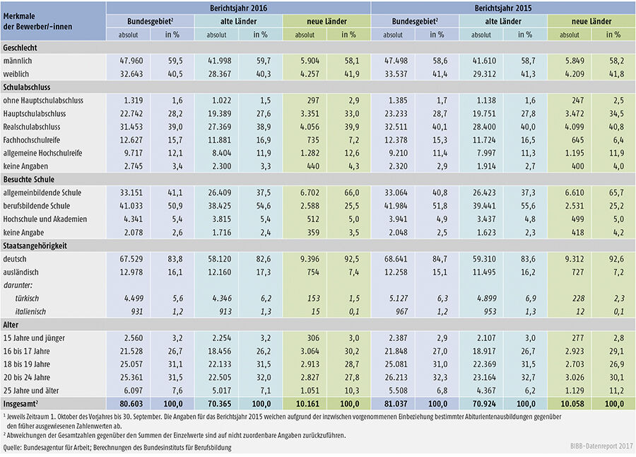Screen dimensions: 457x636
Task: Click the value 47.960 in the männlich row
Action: pyautogui.click(x=128, y=61)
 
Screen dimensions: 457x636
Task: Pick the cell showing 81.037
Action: pyautogui.click(x=392, y=403)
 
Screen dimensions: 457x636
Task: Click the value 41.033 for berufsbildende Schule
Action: pyautogui.click(x=128, y=205)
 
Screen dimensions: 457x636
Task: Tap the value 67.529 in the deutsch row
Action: pyautogui.click(x=128, y=260)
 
